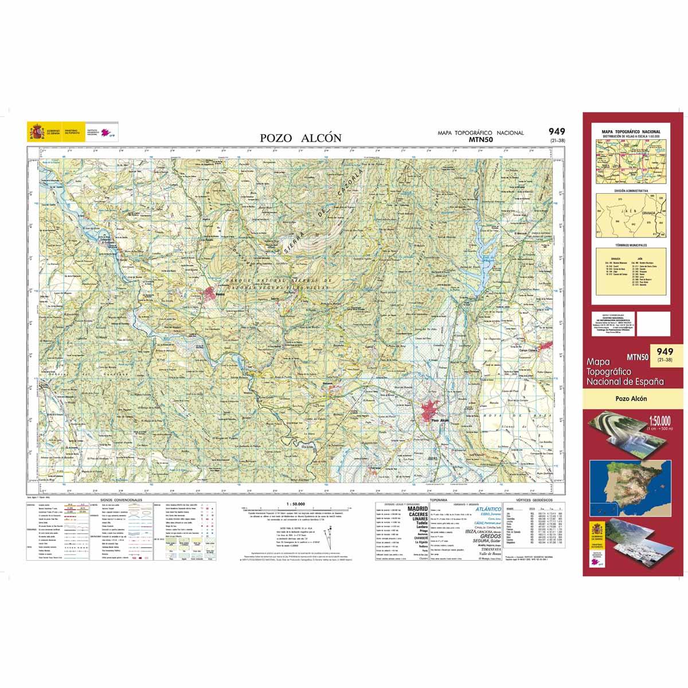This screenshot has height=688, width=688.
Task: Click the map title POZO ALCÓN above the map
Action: [300, 138]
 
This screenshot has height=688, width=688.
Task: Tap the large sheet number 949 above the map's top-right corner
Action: [556, 131]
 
